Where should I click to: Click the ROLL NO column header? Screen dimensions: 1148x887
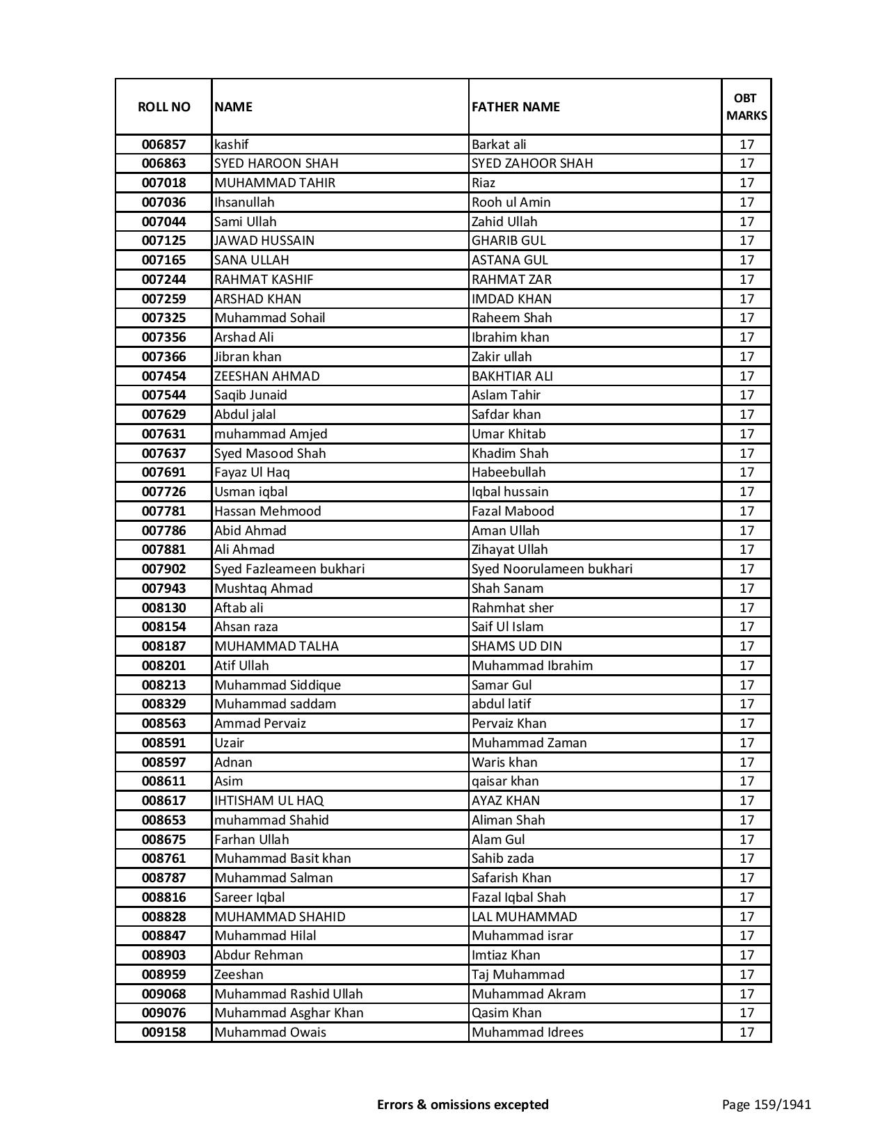163,107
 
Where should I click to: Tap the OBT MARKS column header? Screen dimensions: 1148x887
746,107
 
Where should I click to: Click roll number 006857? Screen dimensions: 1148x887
163,145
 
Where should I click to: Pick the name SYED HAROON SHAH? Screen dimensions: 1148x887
276,164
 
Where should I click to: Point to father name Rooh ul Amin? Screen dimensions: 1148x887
511,202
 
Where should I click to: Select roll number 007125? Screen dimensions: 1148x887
163,241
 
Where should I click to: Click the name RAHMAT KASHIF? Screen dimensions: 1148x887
264,280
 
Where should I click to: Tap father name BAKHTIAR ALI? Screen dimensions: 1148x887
512,376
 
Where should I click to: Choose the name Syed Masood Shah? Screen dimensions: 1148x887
270,454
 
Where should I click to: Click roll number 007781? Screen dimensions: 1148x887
163,511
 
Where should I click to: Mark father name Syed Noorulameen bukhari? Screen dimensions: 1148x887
552,569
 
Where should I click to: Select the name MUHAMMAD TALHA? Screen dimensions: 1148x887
276,646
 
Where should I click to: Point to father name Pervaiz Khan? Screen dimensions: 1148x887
509,724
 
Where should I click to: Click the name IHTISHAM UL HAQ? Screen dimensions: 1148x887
269,801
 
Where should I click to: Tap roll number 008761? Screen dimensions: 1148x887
163,859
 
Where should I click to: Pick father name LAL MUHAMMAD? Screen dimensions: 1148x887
524,917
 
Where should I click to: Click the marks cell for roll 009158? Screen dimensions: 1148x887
746,1033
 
